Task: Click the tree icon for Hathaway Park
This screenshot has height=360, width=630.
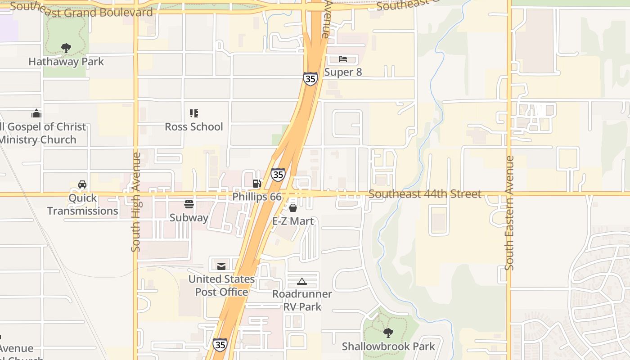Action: (x=66, y=48)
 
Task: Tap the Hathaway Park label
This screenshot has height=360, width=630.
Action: (x=66, y=62)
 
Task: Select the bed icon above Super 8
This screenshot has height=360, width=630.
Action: (x=343, y=59)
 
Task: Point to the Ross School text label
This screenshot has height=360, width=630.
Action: (x=194, y=126)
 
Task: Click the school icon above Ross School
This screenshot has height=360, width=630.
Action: (x=194, y=113)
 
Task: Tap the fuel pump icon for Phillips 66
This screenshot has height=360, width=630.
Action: (x=256, y=183)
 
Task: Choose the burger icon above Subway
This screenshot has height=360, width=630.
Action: (x=189, y=204)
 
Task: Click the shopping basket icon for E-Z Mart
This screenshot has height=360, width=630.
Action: (x=293, y=207)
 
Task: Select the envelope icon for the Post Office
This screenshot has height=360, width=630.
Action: (x=221, y=266)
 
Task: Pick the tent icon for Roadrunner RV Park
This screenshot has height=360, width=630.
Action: (x=302, y=281)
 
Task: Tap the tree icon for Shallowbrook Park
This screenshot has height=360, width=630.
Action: (x=388, y=333)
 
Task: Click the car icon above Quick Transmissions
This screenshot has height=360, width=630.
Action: (x=82, y=184)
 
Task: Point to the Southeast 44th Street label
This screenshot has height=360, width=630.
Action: (x=425, y=194)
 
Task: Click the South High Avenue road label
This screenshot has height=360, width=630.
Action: (x=136, y=202)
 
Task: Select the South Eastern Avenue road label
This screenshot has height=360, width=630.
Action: (x=509, y=213)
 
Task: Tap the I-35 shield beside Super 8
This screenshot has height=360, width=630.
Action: (x=310, y=79)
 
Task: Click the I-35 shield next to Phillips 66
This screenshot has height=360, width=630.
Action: (x=278, y=174)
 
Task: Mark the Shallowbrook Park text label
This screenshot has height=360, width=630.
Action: (x=388, y=346)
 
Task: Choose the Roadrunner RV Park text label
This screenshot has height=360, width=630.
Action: (x=302, y=300)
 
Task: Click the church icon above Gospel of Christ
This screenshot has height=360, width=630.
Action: (x=36, y=113)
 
